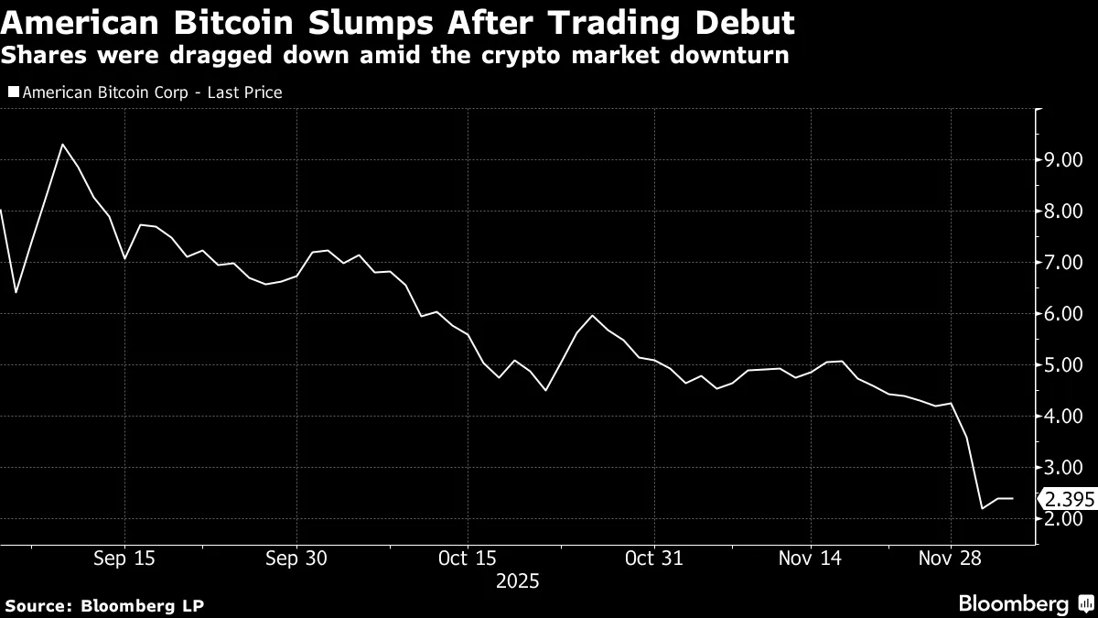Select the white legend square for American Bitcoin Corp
(13, 92)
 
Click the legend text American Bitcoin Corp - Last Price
(151, 92)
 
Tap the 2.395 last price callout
(1069, 500)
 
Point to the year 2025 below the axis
(517, 581)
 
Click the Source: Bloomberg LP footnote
(105, 605)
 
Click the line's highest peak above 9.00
(62, 145)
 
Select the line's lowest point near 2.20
(982, 508)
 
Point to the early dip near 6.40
(16, 292)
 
